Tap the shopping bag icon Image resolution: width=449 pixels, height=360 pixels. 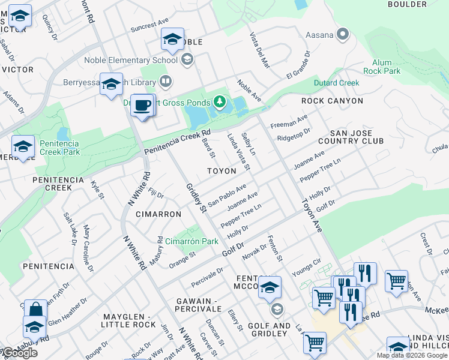tap(35, 310)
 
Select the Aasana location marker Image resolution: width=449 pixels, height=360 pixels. tap(343, 35)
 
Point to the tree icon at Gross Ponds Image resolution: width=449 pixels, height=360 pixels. tap(220, 102)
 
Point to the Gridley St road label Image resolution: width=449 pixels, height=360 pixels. tap(196, 198)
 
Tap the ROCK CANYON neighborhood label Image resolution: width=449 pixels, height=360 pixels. tap(332, 101)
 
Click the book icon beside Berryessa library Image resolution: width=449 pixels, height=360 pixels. tap(166, 80)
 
